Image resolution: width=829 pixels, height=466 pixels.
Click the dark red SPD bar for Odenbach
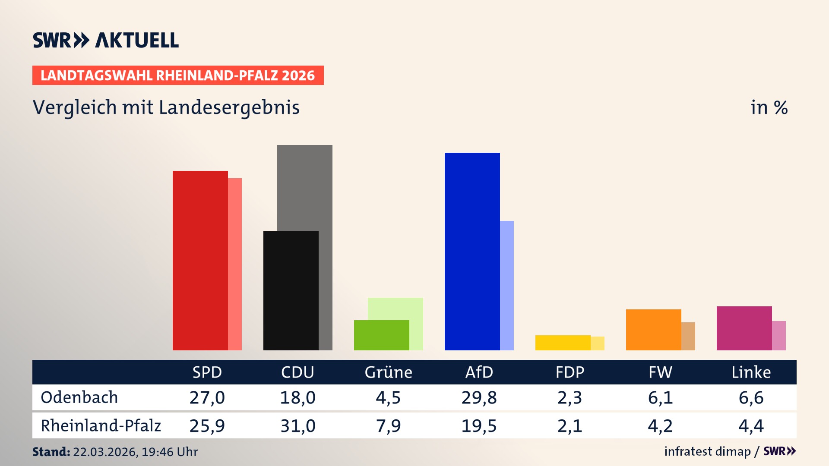coord(200,260)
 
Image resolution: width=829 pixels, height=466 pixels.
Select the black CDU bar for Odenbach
coord(291,290)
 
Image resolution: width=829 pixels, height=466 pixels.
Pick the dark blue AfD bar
coord(472,251)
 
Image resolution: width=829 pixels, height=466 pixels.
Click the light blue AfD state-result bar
coord(507,285)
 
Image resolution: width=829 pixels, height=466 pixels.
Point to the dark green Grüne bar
coord(381,335)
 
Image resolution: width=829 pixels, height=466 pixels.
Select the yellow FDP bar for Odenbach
coord(563,343)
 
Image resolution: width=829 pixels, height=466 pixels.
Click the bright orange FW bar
coord(653,330)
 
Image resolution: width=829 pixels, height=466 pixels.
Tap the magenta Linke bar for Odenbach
coord(744,328)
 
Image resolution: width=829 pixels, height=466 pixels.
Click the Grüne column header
coord(388,372)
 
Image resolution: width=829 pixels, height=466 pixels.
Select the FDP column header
coord(570,372)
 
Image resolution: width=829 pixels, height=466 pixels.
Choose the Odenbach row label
coord(79,397)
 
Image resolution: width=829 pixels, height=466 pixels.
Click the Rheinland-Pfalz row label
coord(101,426)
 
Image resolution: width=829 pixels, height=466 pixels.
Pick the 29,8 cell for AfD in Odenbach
coord(479,397)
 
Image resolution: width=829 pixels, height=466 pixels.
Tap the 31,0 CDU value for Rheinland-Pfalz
coord(297,426)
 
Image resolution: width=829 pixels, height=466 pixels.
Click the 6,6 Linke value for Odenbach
coord(751,397)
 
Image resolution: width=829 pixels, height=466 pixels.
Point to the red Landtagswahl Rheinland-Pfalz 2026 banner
coord(178,75)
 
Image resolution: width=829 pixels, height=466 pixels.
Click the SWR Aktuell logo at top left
coord(106,40)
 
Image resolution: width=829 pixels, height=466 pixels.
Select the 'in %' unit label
coord(769,107)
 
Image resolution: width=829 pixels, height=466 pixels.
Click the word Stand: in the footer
coord(51,452)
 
